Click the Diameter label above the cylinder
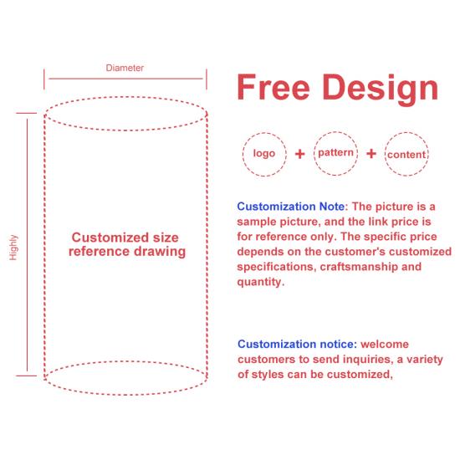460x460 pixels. [x=125, y=68]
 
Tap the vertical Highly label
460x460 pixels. [x=13, y=248]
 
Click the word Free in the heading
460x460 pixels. [x=273, y=88]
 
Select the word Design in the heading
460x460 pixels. [x=381, y=89]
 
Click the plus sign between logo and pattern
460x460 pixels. [x=299, y=154]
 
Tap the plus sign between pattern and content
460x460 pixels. [x=371, y=153]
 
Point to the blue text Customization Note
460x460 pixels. [x=291, y=207]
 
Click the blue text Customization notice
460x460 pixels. [x=297, y=344]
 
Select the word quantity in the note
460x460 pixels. [x=259, y=282]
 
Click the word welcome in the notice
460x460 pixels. [x=385, y=344]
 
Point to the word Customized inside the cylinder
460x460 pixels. [x=110, y=238]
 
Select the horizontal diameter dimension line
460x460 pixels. [x=125, y=79]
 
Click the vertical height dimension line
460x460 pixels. [x=28, y=245]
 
